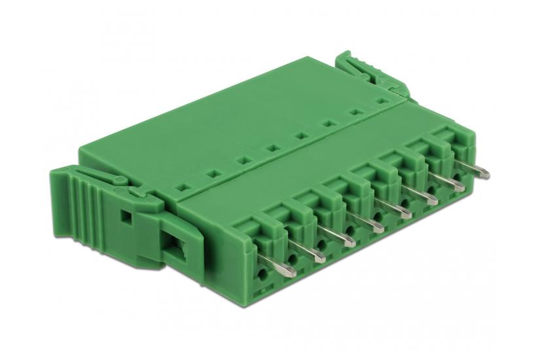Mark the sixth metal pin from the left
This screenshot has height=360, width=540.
425,198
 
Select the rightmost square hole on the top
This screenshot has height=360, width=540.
380,101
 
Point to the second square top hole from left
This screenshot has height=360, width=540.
213,173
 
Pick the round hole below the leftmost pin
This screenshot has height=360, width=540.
264,268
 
